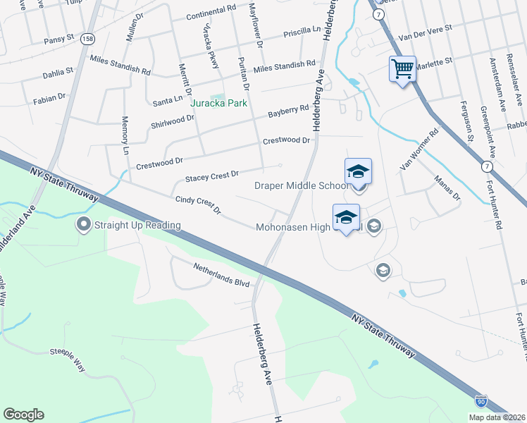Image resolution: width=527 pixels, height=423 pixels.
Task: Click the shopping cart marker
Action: coord(402,70)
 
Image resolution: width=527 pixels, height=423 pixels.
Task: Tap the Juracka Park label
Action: coord(218,102)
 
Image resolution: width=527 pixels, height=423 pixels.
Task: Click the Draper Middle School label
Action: coord(301,185)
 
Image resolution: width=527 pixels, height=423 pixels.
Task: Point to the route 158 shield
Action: coord(87,38)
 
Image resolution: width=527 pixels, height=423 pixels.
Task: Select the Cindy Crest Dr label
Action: coord(198,205)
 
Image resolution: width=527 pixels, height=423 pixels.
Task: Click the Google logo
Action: coord(23,415)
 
